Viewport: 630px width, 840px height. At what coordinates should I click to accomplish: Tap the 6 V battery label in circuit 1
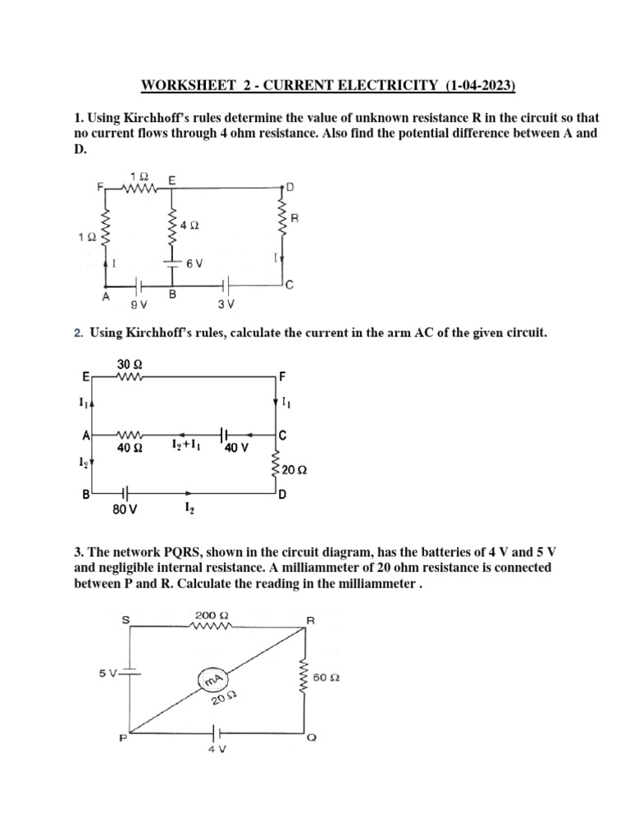point(194,262)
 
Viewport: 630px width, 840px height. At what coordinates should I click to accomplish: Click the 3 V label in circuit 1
point(226,304)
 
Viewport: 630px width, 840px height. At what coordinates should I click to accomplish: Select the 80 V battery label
point(125,509)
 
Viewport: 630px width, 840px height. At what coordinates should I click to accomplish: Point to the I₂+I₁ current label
point(185,444)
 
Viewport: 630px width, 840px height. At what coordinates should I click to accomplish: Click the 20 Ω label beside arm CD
point(294,470)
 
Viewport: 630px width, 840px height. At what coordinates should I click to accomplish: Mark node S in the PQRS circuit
point(125,620)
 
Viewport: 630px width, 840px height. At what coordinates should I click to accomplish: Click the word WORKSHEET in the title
point(177,85)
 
